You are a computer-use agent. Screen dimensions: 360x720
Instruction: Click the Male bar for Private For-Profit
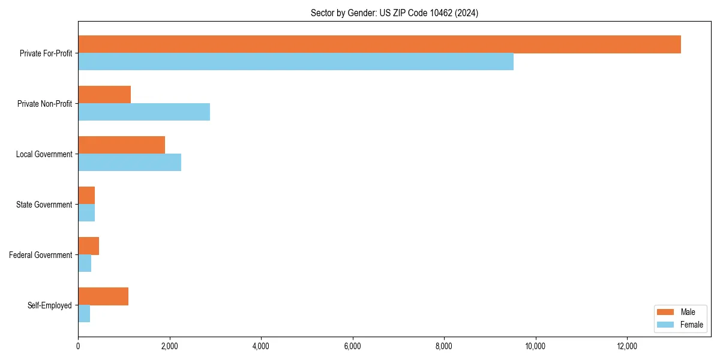click(379, 44)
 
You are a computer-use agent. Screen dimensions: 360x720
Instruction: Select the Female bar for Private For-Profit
click(296, 62)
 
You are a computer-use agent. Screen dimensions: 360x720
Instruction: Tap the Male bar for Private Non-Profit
click(104, 95)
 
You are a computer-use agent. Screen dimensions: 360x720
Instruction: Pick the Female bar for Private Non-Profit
click(144, 112)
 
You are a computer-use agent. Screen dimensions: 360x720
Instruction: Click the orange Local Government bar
click(121, 145)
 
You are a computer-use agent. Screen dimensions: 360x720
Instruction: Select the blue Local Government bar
click(130, 163)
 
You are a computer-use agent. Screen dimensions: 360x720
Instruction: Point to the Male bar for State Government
click(86, 196)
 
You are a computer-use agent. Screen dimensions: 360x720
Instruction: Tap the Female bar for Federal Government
click(85, 263)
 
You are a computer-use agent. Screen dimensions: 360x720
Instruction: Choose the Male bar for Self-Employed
click(103, 296)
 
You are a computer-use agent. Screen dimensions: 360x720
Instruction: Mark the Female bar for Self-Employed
click(84, 314)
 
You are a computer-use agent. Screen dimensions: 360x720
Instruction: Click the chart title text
click(394, 13)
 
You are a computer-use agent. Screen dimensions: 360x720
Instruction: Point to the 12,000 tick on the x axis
click(626, 346)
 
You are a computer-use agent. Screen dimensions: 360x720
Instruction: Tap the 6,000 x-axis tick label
click(352, 346)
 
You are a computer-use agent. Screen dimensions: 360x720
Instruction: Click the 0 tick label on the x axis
click(78, 346)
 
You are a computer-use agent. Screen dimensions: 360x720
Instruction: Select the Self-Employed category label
click(50, 305)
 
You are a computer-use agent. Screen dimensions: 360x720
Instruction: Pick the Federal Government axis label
click(41, 255)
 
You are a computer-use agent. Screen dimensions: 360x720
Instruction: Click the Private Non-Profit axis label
click(44, 104)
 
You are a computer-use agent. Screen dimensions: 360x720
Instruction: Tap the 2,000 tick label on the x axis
click(169, 346)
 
